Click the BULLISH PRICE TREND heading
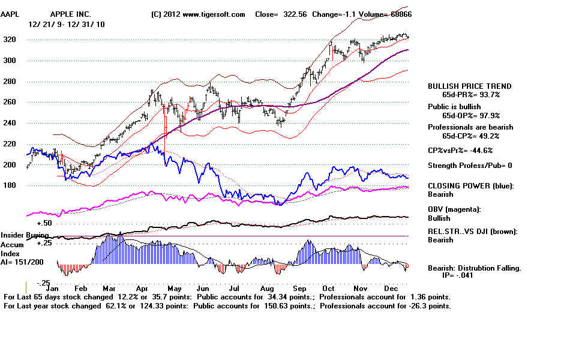point(469,86)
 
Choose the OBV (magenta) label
point(455,209)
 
